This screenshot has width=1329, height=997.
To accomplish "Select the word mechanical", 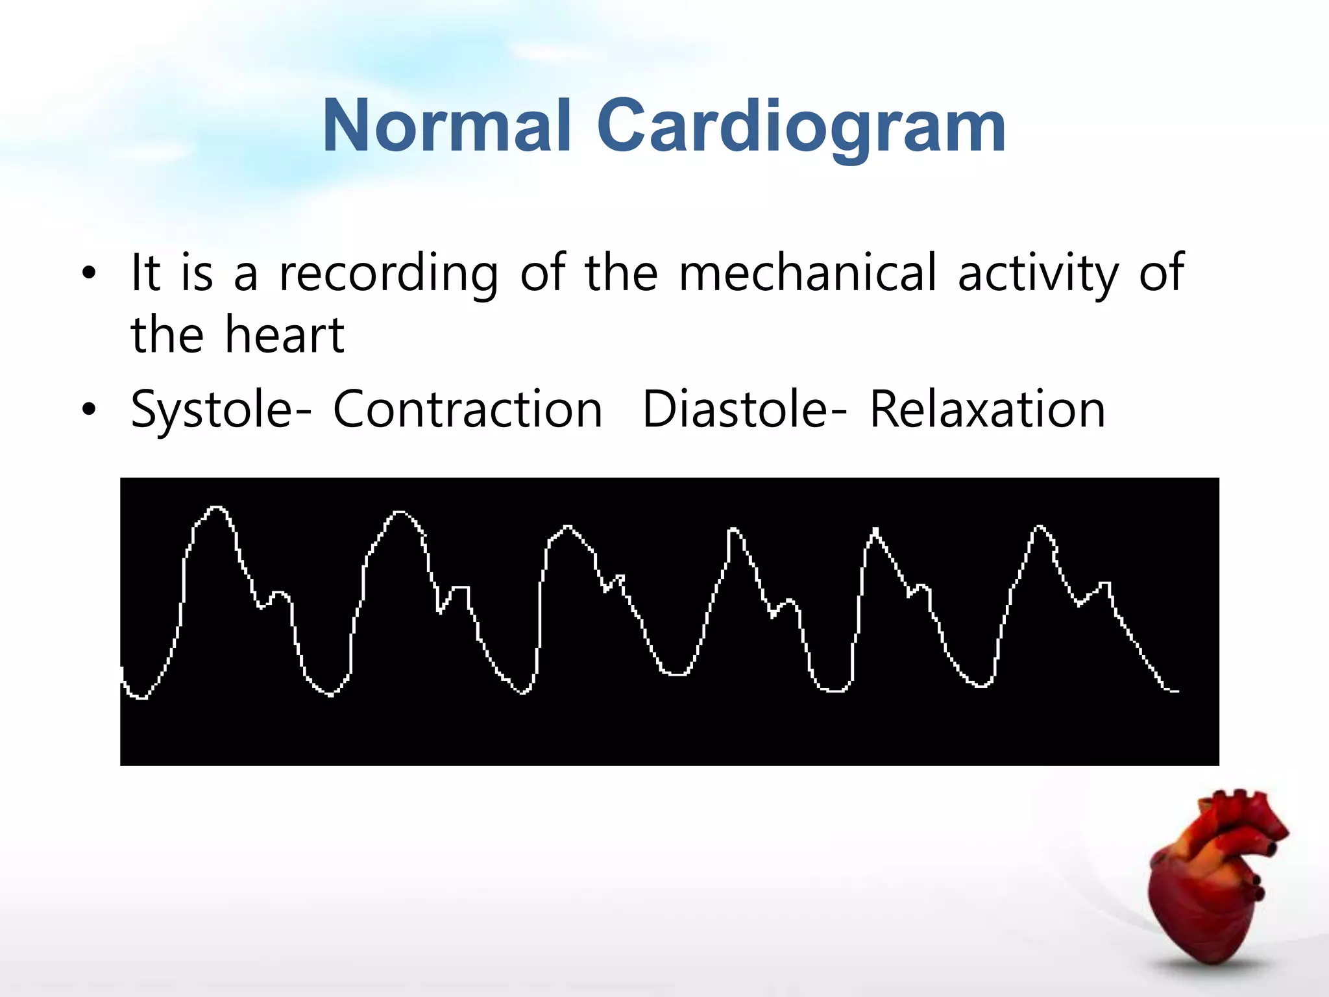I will [x=808, y=273].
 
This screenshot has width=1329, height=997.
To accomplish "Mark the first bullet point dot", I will [x=89, y=273].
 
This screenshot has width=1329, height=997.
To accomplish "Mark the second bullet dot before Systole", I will [x=89, y=409].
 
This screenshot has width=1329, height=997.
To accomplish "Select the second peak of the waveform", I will [x=400, y=513].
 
